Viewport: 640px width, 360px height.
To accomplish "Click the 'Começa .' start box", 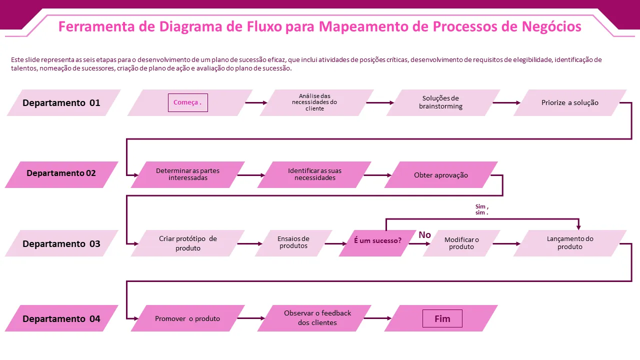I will click(187, 102).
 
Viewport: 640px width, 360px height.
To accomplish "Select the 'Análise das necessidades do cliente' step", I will click(315, 102).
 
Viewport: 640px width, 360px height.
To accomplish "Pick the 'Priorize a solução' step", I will click(569, 102).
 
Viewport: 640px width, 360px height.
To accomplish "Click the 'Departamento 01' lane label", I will click(62, 103).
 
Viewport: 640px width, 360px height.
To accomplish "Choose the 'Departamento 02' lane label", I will click(61, 173).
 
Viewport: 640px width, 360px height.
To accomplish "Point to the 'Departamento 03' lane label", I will click(61, 244).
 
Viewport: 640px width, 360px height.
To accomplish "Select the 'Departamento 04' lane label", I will click(61, 319).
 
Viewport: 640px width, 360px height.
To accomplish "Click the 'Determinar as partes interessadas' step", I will click(187, 174).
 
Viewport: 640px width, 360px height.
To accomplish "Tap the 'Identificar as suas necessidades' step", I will click(314, 174).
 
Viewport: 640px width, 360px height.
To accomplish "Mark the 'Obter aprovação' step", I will click(441, 175).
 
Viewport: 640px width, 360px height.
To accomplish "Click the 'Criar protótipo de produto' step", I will click(188, 243).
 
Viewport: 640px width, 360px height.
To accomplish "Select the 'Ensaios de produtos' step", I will click(293, 242).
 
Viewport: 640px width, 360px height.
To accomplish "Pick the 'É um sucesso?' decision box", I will click(377, 241).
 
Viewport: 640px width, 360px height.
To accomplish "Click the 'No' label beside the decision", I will click(424, 235).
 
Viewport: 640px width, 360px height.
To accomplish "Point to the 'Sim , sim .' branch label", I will click(481, 209).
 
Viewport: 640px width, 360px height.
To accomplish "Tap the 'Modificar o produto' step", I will click(461, 243).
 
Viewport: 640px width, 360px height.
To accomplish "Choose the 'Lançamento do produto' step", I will click(570, 243).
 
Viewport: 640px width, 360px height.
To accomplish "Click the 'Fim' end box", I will click(442, 318).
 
